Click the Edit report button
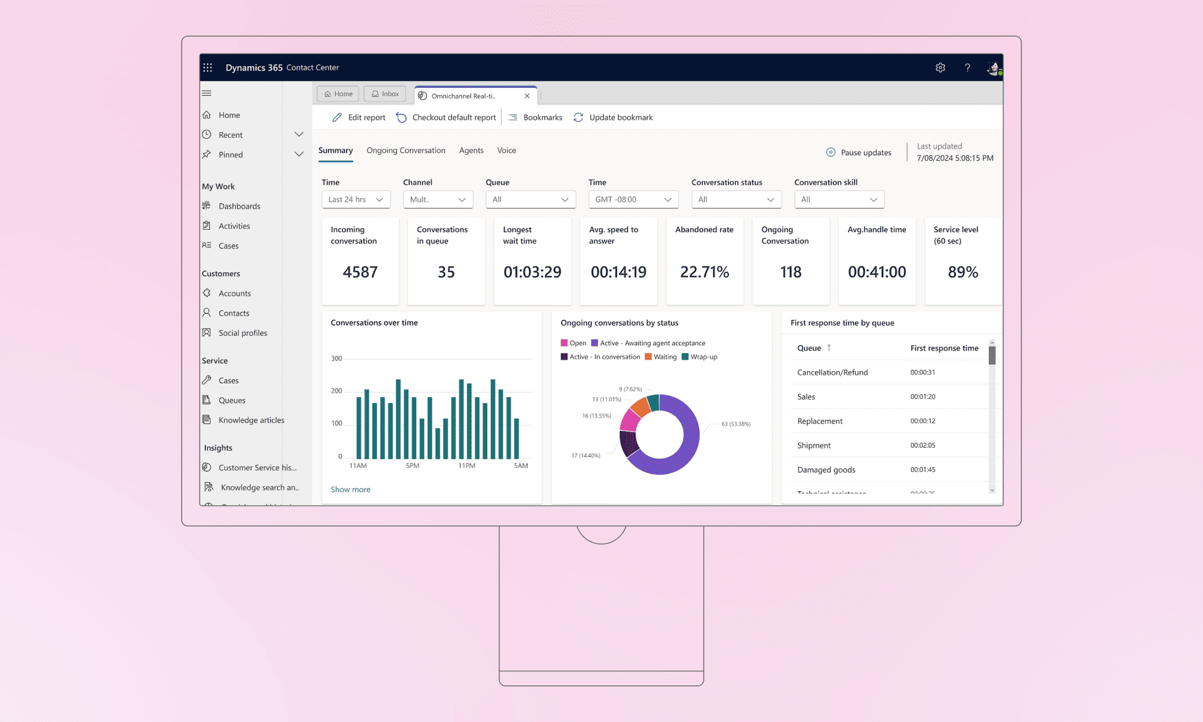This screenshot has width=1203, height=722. point(359,117)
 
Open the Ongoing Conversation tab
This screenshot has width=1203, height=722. point(406,150)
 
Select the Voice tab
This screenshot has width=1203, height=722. point(506,150)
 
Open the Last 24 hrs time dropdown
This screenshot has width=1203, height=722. point(355,200)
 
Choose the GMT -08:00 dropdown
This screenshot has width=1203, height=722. point(633,200)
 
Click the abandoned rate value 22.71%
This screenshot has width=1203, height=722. point(704,272)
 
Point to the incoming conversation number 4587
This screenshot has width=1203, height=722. point(360,272)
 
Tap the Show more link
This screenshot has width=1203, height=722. point(350,490)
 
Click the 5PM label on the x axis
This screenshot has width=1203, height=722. point(412,466)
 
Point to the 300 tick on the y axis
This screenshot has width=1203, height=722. point(336,359)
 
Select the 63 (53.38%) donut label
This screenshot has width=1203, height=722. point(736,424)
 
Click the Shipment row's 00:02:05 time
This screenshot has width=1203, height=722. point(923,445)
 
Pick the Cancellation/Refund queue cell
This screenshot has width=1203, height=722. point(832,372)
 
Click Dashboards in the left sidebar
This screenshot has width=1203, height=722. point(239,206)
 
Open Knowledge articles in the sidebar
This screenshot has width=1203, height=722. point(251,421)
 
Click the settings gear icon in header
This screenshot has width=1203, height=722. point(940,68)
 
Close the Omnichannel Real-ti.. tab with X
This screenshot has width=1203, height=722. point(527,96)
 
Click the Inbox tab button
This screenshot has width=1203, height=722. point(385,94)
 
